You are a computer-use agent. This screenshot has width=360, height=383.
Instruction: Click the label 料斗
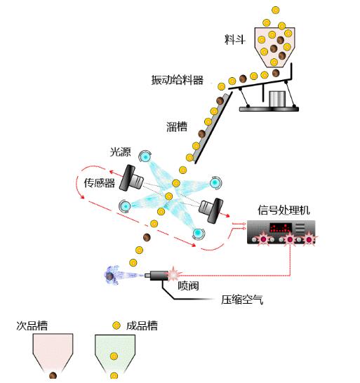coord(234,39)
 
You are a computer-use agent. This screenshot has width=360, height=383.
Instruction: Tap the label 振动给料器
coord(177,80)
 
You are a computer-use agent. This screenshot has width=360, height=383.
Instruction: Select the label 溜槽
coord(177,127)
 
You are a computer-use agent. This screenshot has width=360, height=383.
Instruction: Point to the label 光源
coord(121,152)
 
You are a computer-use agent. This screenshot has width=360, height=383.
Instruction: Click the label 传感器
coord(100,182)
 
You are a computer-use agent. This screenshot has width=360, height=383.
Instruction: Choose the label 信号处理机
coord(284,210)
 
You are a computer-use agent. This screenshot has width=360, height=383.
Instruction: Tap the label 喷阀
coord(188,285)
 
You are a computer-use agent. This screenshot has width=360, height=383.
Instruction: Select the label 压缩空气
coord(242,300)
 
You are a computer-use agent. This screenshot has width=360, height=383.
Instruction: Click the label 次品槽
coord(32,325)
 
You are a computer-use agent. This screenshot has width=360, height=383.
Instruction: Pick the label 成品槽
coord(142,325)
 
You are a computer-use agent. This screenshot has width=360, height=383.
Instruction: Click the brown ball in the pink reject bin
coord(53,375)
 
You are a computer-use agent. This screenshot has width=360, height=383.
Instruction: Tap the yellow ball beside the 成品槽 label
coord(116,325)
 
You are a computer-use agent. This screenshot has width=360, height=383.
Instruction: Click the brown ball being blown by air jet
coord(109,276)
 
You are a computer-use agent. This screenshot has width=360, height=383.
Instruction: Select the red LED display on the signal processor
coord(281,228)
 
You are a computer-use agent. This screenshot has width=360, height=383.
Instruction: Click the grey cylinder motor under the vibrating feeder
coord(277,99)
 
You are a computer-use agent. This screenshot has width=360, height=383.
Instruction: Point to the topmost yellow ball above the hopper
coord(275,10)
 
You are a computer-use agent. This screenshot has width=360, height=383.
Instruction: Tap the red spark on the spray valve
coord(174,274)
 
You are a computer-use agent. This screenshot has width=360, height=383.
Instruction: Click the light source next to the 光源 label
coord(145,156)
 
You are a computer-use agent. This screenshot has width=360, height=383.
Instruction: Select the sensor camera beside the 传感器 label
coord(131,178)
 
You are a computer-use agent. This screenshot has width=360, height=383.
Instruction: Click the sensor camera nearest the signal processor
coord(211,210)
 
